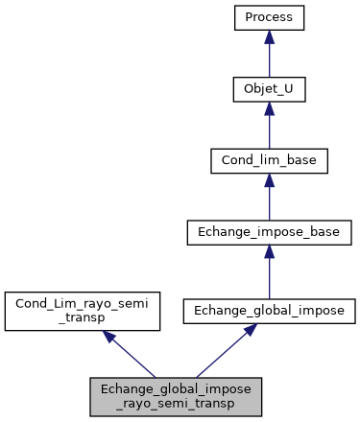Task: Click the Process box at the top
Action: click(x=270, y=18)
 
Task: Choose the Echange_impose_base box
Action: click(x=270, y=231)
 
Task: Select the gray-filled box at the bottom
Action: click(x=176, y=396)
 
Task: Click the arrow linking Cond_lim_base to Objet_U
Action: click(x=270, y=130)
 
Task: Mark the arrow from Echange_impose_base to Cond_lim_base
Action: click(x=270, y=201)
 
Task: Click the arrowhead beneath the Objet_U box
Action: click(x=270, y=108)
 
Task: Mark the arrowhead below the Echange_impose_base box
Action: click(x=270, y=250)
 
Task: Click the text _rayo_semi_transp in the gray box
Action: click(x=176, y=404)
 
